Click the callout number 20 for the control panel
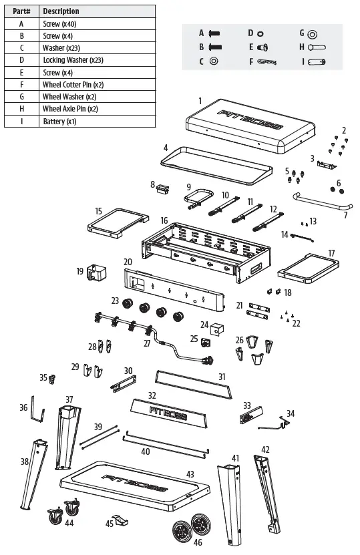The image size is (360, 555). click(128, 262)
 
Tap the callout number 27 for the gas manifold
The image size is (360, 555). click(147, 344)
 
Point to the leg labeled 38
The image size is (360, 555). click(33, 472)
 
